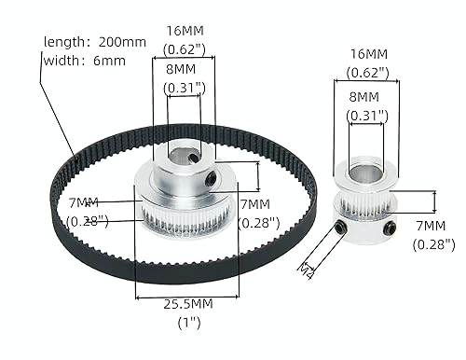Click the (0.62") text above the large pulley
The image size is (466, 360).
[183, 50]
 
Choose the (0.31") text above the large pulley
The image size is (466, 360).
[183, 89]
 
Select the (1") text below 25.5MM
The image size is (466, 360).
[187, 324]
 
